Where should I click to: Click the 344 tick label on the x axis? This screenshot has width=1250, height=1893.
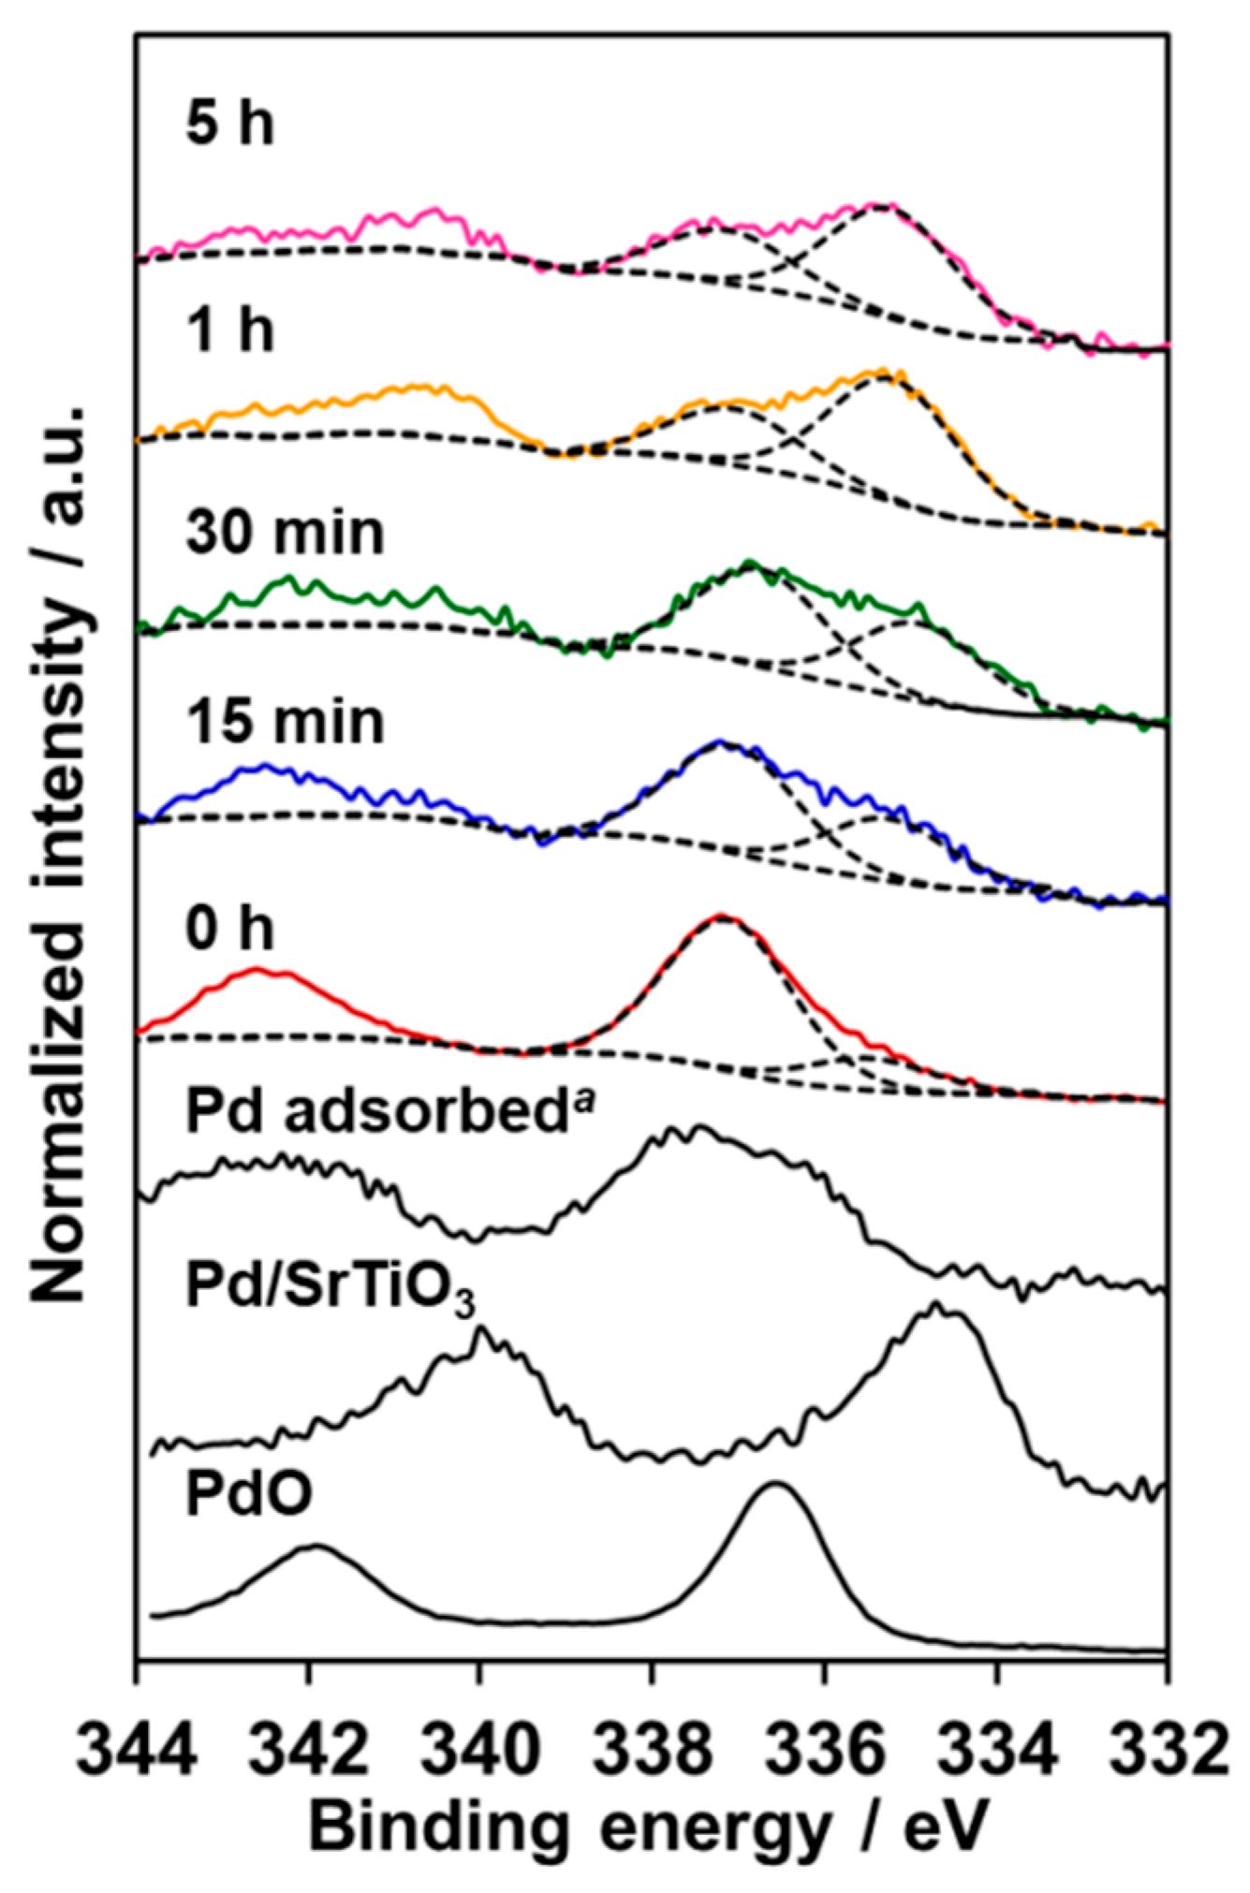coord(137,1747)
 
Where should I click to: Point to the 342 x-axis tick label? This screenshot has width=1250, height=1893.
coord(309,1747)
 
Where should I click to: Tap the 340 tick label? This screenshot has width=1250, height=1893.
coord(480,1747)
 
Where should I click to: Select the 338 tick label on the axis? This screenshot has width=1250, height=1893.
coord(653,1747)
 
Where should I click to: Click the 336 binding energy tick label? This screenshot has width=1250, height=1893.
coord(824,1747)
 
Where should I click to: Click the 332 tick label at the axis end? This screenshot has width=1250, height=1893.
coord(1167,1747)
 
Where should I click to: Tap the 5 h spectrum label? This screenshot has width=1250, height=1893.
coord(230,124)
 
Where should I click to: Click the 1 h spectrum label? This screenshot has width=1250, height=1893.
coord(230,330)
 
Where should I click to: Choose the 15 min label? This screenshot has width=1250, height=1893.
coord(285,722)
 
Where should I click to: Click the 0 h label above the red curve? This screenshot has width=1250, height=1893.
coord(230,929)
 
